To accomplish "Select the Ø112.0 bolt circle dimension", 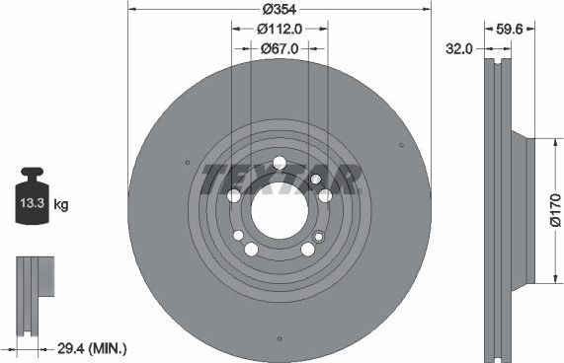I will tap(280, 30).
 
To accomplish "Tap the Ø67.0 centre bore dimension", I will tap(280, 46).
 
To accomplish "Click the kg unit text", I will tap(61, 205).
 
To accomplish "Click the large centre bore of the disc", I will tap(279, 210).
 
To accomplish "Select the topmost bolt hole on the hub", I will tap(280, 163).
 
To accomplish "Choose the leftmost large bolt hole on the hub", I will tap(234, 195).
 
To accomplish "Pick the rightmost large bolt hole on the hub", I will tap(325, 195).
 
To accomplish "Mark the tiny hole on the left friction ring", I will tap(188, 163).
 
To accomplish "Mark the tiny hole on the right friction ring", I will tap(401, 145).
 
